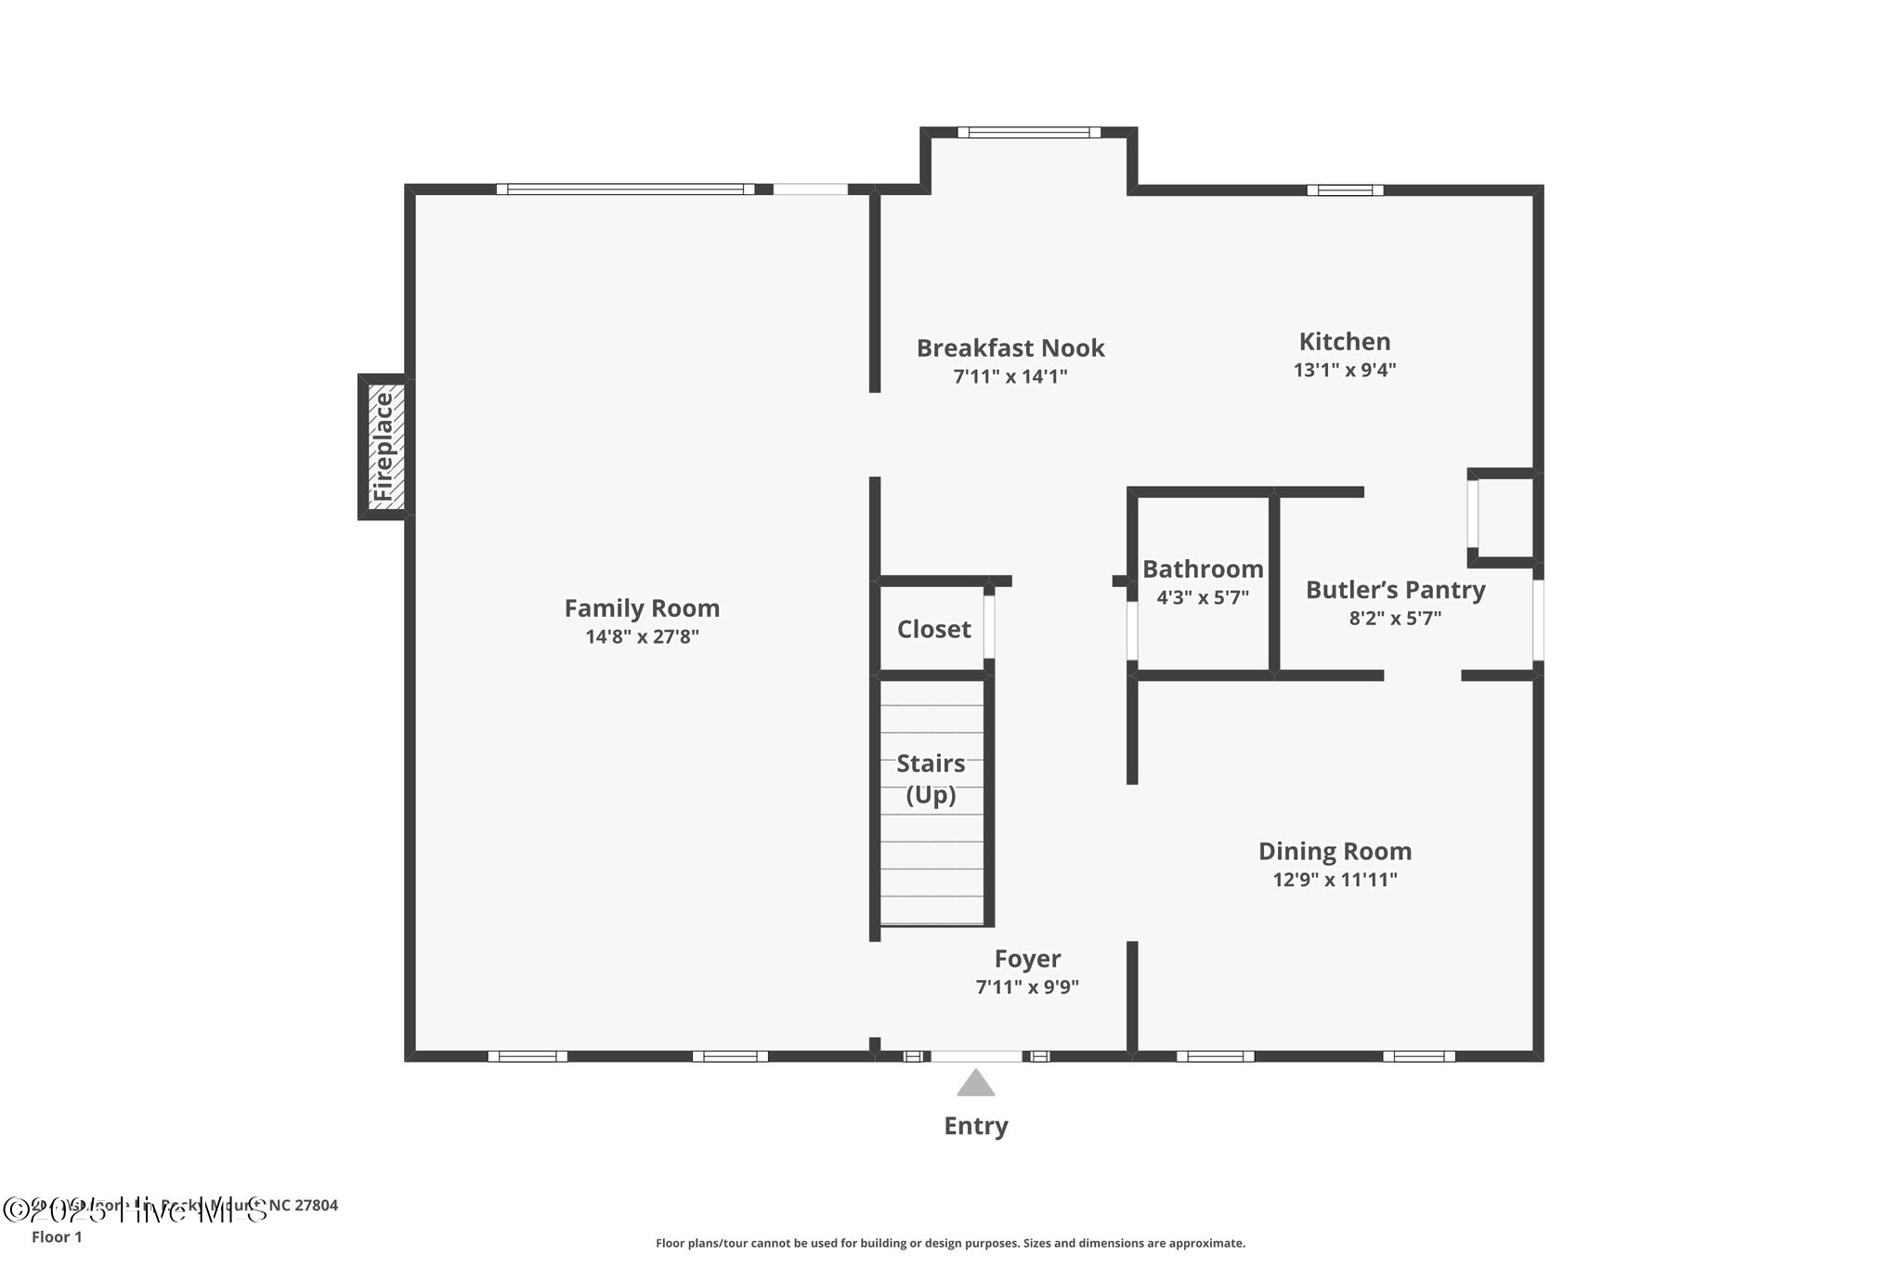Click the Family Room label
[642, 608]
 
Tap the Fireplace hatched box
[384, 447]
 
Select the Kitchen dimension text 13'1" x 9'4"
[1344, 370]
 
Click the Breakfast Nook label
[1010, 348]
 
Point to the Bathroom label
[1203, 569]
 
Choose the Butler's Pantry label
[1395, 590]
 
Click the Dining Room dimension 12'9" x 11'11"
[1335, 880]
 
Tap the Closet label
[933, 630]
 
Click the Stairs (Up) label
[931, 778]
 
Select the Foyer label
[1027, 959]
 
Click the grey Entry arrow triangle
[975, 1084]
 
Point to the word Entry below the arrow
[975, 1126]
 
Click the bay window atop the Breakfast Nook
[1029, 133]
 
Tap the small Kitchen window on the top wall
[1345, 190]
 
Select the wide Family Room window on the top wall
[625, 190]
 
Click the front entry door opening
[976, 1056]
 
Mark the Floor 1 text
[57, 1237]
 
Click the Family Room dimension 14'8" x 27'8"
[642, 637]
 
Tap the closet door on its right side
[990, 627]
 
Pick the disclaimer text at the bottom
[950, 1243]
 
